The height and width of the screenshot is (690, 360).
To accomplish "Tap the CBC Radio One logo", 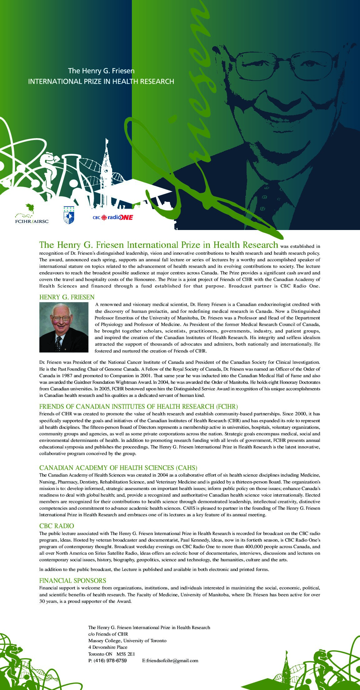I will pyautogui.click(x=113, y=217).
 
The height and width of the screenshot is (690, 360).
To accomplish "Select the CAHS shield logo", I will pyautogui.click(x=69, y=215).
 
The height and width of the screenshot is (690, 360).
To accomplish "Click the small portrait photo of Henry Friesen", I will pyautogui.click(x=64, y=327).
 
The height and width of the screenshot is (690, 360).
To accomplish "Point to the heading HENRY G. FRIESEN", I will pyautogui.click(x=67, y=297).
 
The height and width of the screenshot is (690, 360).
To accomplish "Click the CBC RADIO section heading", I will pyautogui.click(x=57, y=526).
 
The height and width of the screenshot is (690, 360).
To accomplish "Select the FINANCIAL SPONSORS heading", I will pyautogui.click(x=72, y=581).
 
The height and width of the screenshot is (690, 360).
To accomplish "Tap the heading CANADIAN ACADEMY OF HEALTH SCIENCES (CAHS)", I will pyautogui.click(x=118, y=468).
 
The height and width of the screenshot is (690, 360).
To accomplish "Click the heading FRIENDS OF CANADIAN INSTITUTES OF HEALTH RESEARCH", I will pyautogui.click(x=138, y=407).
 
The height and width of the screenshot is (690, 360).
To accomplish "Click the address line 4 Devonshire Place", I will pyautogui.click(x=108, y=647).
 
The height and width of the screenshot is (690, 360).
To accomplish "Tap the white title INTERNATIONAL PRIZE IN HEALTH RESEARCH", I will pyautogui.click(x=101, y=82).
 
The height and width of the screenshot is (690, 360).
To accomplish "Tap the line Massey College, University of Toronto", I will pyautogui.click(x=127, y=641).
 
